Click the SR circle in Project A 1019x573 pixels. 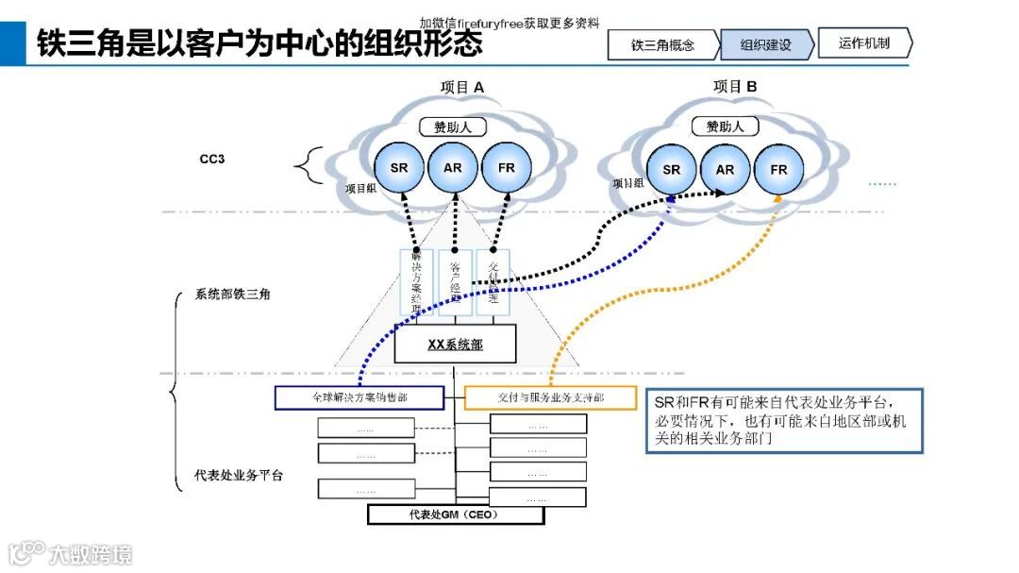coord(399,168)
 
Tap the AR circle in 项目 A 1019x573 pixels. coord(453,168)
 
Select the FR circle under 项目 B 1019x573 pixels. coord(778,170)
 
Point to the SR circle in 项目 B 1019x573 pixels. coord(671,170)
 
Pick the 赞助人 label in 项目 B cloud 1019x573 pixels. coord(725,126)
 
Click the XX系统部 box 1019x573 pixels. coord(455,345)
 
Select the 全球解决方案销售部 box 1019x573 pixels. coord(359,397)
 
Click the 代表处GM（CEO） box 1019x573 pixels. coord(455,514)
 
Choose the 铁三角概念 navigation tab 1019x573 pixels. coord(662,44)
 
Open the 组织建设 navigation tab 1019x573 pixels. coord(765,44)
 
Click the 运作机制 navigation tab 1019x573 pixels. coord(863,43)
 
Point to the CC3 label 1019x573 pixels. coord(211,159)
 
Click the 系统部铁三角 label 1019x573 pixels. coord(232,295)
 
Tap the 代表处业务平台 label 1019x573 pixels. coord(239,475)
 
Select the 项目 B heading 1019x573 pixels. coord(735,87)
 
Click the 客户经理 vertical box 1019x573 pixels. coord(455,281)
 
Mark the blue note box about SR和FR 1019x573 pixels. coord(784,420)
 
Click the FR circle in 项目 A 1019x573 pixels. coord(507,168)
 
